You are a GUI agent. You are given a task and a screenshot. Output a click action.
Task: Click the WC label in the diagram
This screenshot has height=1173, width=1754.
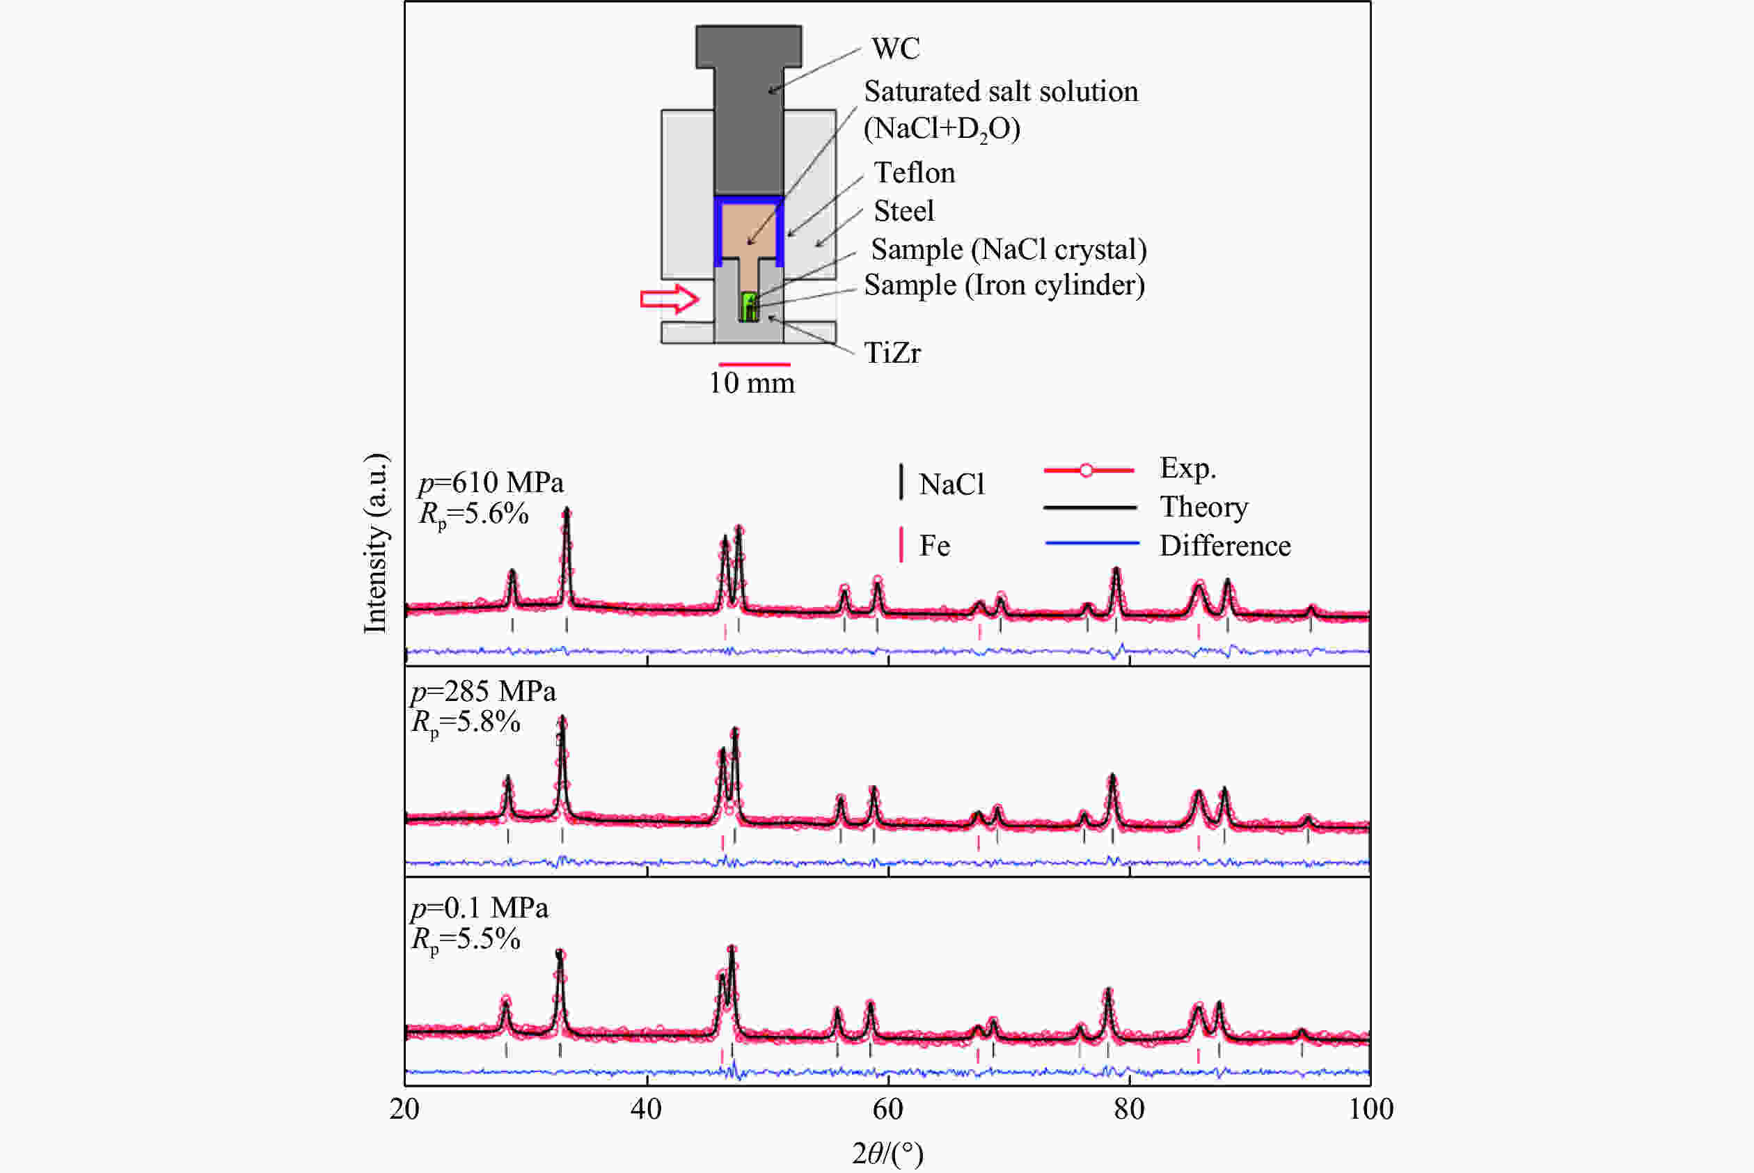[895, 49]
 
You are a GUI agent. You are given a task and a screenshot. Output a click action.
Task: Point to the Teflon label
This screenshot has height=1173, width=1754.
[914, 173]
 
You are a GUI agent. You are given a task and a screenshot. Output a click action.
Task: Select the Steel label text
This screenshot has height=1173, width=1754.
[903, 211]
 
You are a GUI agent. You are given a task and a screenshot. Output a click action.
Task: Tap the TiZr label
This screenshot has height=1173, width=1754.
[892, 353]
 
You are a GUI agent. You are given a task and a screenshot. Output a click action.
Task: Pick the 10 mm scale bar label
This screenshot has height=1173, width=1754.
[752, 383]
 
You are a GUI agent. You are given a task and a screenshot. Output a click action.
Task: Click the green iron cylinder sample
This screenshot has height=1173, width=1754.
[750, 307]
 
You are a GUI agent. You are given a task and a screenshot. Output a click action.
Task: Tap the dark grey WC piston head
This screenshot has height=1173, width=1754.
[749, 47]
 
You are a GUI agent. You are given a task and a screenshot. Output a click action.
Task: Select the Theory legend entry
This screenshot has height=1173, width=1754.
[1203, 507]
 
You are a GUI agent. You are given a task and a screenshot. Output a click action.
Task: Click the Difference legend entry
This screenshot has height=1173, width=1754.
[1224, 546]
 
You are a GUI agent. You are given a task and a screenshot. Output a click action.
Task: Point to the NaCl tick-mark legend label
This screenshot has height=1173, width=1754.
[951, 485]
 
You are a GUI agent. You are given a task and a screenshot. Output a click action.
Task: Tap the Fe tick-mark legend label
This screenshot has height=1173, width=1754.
[934, 546]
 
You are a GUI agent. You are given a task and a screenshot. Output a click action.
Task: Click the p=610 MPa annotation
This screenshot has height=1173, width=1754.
[491, 482]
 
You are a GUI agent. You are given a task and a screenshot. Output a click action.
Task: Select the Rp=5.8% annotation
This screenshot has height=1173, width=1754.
[466, 723]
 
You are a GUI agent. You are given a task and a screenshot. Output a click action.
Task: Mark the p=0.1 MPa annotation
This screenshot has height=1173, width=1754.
[480, 908]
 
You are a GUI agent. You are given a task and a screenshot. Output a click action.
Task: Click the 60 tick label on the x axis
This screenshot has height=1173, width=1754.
[888, 1109]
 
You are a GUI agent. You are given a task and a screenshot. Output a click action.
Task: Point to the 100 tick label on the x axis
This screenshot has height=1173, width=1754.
[1370, 1109]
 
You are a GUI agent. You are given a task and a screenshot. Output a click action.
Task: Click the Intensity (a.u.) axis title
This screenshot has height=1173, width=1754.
[375, 544]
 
